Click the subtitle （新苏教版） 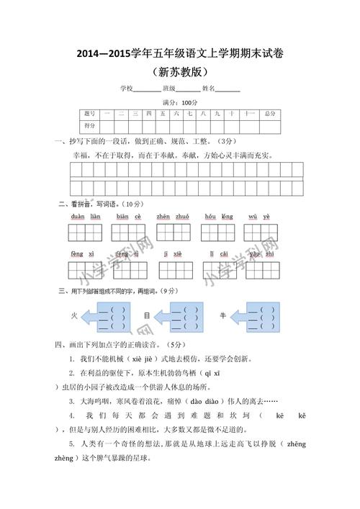point(180,72)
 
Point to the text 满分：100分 point(180,102)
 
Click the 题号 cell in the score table point(89,114)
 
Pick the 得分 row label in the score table point(89,125)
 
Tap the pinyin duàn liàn point(85,217)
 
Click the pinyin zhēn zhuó point(173,217)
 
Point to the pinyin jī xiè point(173,254)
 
